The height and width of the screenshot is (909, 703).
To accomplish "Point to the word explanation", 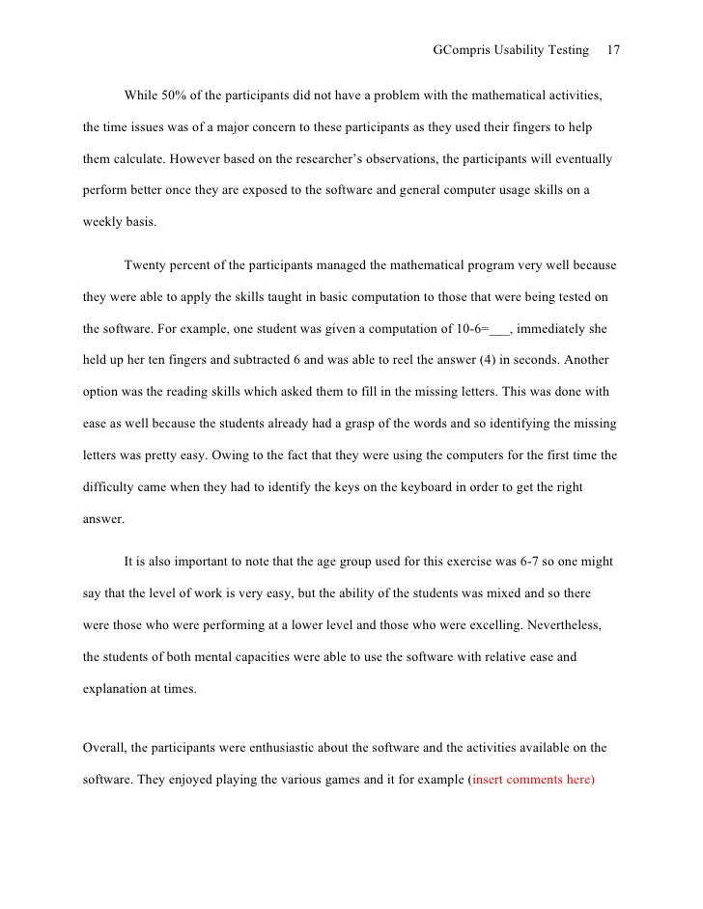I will (117, 688).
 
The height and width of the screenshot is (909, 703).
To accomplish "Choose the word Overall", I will (105, 747).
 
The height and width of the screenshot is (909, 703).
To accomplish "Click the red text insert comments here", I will (532, 779).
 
